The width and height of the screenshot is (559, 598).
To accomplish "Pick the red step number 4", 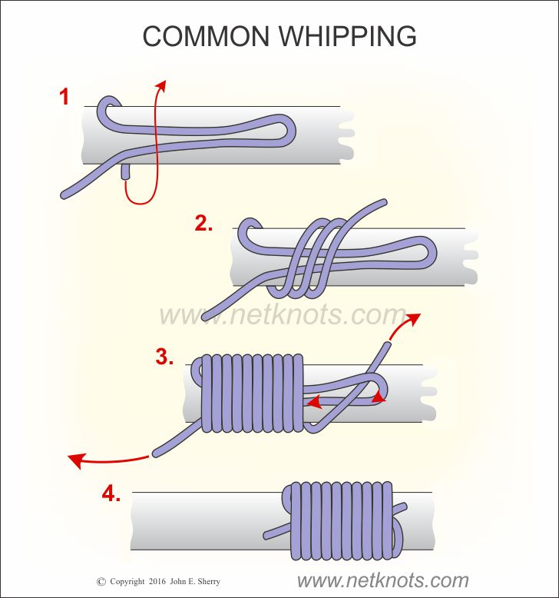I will point(111,494).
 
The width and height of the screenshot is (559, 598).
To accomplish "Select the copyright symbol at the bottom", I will point(101,582).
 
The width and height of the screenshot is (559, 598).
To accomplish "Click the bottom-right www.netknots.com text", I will point(382,580).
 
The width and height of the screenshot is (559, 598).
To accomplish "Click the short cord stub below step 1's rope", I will point(125,174).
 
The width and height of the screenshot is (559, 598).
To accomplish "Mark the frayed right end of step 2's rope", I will point(469,257).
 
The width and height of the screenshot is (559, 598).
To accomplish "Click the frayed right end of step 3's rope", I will point(428,393).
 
